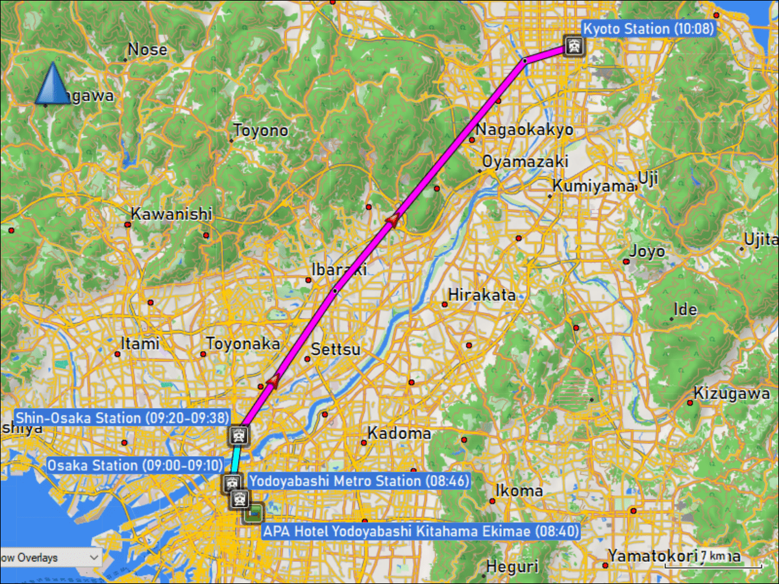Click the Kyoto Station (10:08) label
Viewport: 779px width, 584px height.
(x=648, y=29)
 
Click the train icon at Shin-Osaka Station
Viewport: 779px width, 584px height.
(x=238, y=434)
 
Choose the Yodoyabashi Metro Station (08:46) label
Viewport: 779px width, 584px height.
(x=358, y=481)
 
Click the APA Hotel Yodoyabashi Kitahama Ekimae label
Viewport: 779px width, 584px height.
(x=420, y=531)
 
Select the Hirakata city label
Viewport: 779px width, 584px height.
(x=482, y=295)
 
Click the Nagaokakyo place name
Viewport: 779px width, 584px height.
(x=525, y=129)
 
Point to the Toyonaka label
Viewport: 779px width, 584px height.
(x=243, y=343)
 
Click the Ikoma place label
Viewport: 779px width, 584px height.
(x=519, y=490)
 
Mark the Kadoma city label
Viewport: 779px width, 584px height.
(x=399, y=433)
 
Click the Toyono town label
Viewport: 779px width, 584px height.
(x=260, y=130)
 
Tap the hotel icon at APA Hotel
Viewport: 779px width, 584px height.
(x=253, y=513)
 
